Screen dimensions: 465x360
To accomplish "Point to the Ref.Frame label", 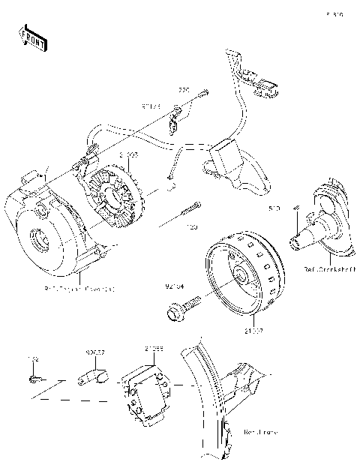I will click(x=262, y=433).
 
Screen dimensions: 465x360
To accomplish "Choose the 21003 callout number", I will click(x=128, y=154).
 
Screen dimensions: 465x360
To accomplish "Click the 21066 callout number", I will click(x=154, y=349).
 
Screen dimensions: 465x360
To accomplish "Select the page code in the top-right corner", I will click(x=334, y=13).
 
